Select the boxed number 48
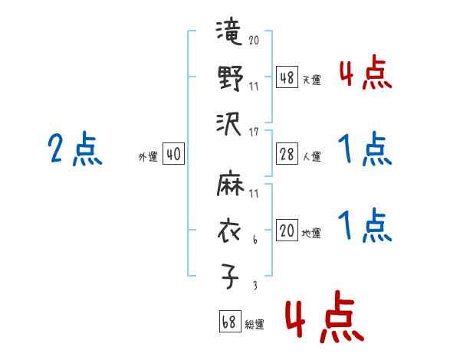(x=287, y=78)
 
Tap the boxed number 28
(x=287, y=155)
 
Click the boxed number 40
(x=173, y=155)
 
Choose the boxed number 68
(x=228, y=322)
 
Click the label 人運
(x=311, y=156)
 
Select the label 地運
(x=311, y=233)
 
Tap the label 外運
(x=148, y=156)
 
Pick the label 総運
(x=254, y=324)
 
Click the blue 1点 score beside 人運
(x=366, y=149)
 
